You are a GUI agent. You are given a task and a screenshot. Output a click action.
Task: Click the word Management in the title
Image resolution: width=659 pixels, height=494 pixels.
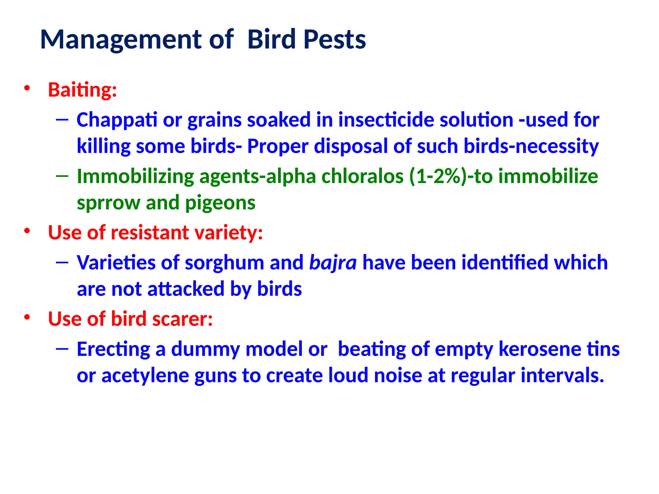[121, 40]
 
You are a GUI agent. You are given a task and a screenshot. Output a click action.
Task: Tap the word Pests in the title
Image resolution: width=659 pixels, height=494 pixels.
[334, 40]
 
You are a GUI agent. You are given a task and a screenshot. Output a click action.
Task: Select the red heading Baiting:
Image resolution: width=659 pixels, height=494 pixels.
[82, 90]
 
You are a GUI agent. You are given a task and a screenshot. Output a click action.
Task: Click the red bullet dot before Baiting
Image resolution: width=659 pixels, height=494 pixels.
[27, 88]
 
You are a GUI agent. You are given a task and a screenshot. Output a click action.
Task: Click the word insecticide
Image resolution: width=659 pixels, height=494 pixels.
[386, 120]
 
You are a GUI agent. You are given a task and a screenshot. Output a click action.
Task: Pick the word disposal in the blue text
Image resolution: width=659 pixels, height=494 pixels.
[351, 146]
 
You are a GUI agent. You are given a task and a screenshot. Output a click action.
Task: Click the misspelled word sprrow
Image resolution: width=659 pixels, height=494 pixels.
[108, 203]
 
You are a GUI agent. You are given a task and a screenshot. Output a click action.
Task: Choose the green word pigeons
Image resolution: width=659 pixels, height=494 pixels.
[220, 203]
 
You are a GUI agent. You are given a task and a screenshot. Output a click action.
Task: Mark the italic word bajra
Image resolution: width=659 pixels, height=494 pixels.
[333, 263]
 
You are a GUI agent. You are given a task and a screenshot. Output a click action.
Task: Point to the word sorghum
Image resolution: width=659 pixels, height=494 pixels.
[224, 263]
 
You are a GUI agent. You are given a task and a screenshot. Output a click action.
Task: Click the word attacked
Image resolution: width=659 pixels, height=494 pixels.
[186, 289]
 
